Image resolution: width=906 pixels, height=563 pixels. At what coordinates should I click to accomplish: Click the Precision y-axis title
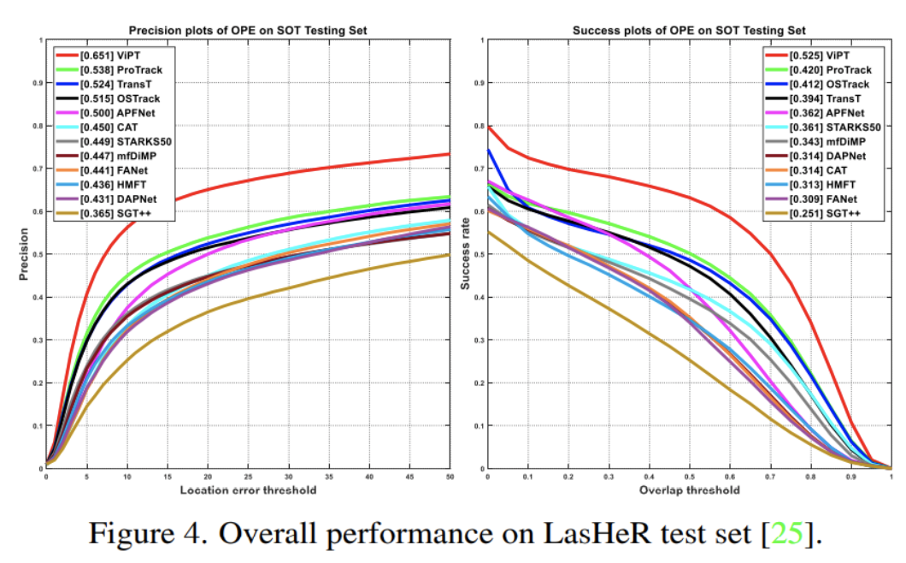point(25,254)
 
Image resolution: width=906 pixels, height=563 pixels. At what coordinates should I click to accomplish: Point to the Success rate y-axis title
point(467,254)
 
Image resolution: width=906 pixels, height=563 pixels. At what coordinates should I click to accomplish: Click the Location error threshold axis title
point(248,490)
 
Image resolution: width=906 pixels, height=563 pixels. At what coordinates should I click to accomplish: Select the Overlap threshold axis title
point(689,490)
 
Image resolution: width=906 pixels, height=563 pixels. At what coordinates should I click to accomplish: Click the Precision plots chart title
point(249,31)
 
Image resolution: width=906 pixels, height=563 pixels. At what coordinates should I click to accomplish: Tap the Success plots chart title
point(690,31)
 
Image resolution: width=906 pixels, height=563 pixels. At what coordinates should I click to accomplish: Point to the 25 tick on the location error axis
point(248,477)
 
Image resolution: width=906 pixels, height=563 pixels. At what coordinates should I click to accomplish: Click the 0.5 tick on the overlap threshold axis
point(690,477)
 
